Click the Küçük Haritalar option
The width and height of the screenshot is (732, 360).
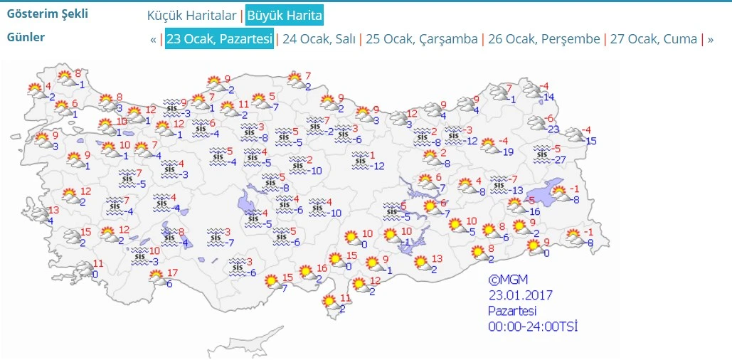(x=191, y=15)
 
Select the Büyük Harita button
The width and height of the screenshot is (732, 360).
(x=285, y=15)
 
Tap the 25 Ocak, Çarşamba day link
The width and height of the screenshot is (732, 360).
(x=420, y=39)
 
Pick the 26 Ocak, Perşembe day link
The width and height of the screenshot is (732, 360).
(x=543, y=39)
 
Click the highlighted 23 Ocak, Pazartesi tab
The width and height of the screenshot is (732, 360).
(x=219, y=39)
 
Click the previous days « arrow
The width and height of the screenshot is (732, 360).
(x=153, y=39)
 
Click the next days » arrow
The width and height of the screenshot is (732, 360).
(x=710, y=39)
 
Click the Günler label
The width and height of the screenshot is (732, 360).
(x=26, y=37)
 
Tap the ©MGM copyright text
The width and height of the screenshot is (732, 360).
(x=508, y=280)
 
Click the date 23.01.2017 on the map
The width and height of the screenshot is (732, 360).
(x=520, y=295)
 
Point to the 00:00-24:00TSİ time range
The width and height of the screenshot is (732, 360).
(x=532, y=327)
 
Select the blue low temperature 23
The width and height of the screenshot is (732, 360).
(x=553, y=129)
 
